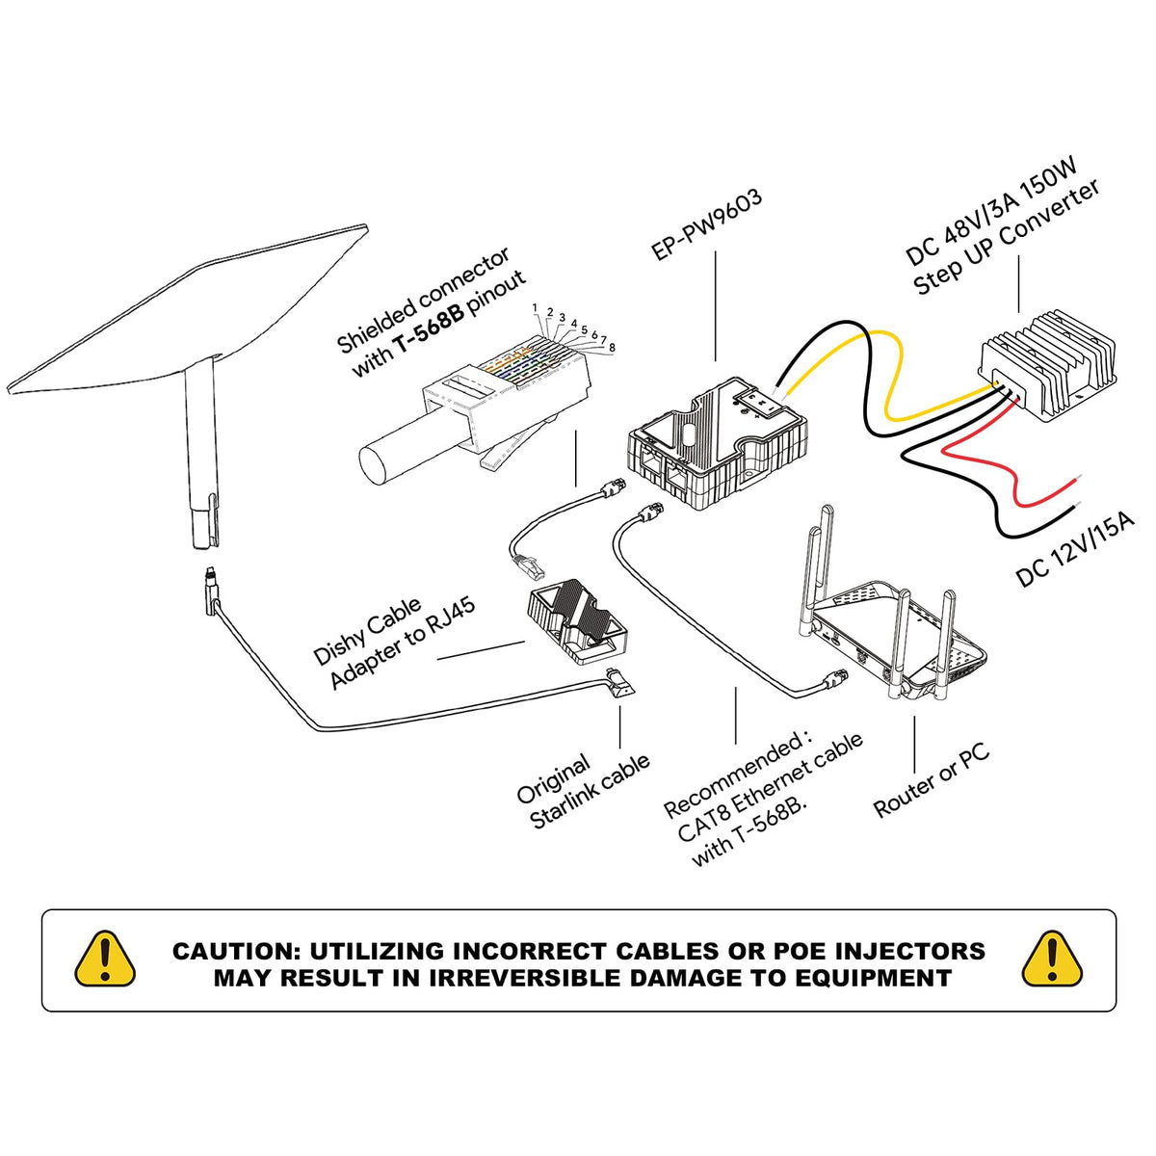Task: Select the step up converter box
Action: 1047,367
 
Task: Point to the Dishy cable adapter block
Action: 575,623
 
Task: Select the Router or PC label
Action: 932,782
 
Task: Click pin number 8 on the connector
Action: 612,347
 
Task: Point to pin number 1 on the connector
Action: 535,307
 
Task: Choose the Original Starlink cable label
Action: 581,789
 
